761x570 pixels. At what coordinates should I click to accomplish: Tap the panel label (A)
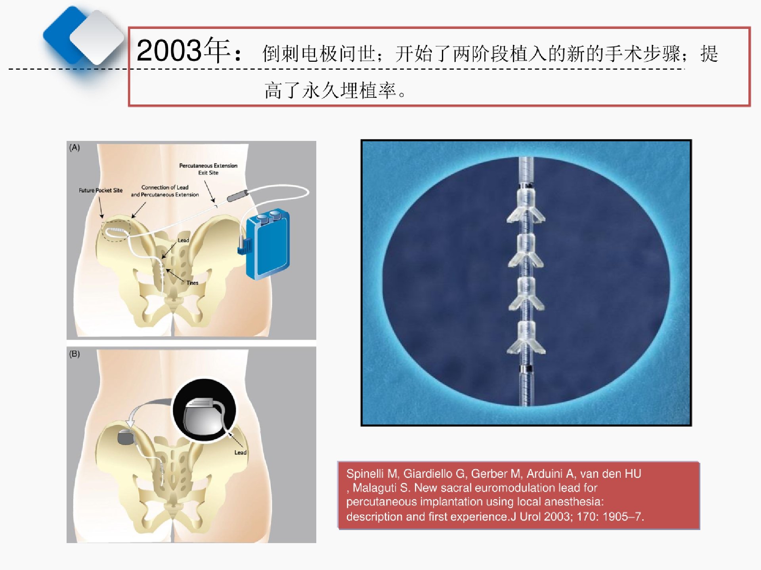[x=75, y=148]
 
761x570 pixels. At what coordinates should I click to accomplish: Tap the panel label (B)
[x=75, y=354]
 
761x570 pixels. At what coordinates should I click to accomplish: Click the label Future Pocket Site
[x=101, y=190]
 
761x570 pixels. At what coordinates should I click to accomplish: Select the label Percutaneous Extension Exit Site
[x=208, y=169]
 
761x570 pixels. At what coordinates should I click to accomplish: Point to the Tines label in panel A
[x=192, y=283]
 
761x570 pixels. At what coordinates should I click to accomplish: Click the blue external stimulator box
[x=267, y=244]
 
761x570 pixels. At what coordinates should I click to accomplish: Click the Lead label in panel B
[x=240, y=452]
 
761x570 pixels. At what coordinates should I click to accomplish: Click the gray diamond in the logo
[x=97, y=37]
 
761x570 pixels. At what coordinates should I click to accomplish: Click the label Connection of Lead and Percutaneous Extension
[x=165, y=191]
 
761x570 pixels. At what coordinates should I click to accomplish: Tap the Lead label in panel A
[x=183, y=240]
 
